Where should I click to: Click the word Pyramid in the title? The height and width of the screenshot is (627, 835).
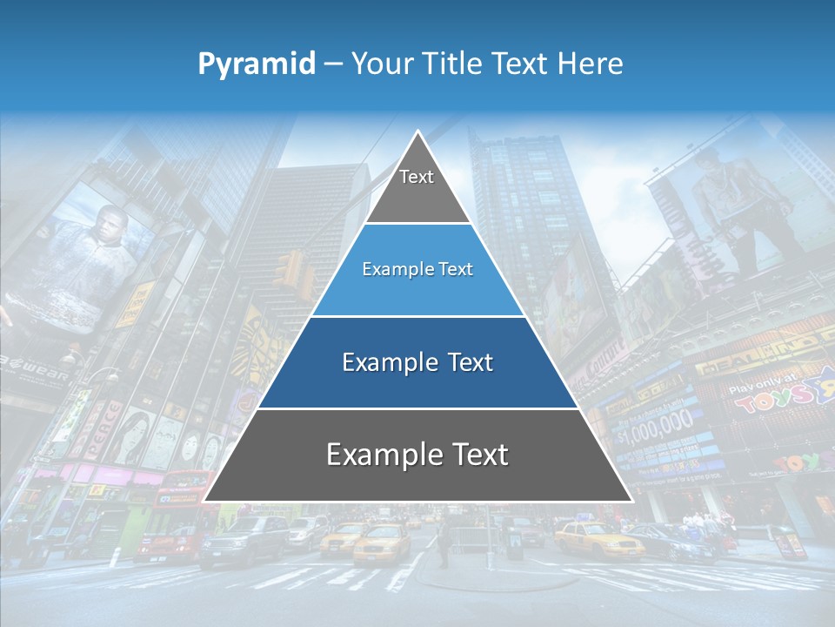(x=257, y=64)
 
